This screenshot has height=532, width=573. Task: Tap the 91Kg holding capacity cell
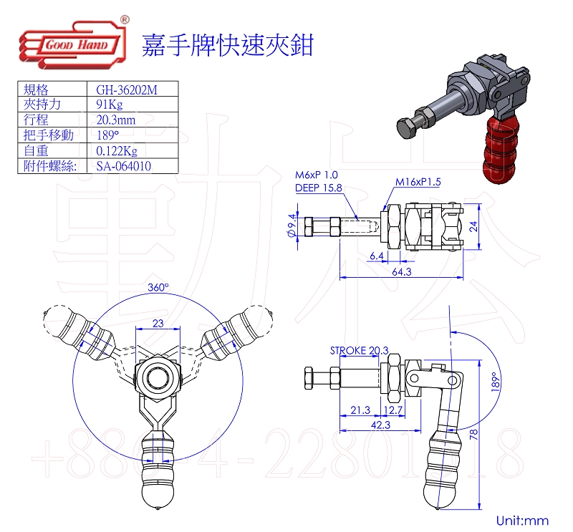coord(108,105)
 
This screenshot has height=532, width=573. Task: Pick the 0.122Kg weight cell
coord(116,151)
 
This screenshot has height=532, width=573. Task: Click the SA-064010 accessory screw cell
coord(123,166)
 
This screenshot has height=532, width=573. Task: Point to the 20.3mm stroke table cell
coord(115,120)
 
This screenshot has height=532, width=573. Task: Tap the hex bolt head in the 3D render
coord(408,128)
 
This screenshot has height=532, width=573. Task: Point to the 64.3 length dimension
coord(402,272)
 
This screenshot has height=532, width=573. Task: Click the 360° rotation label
coord(158,287)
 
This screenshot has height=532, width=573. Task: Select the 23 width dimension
coord(158,324)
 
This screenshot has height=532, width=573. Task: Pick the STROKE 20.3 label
coord(359,350)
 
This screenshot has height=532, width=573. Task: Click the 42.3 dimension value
coord(382,425)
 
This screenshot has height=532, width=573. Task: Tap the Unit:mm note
coord(522,521)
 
